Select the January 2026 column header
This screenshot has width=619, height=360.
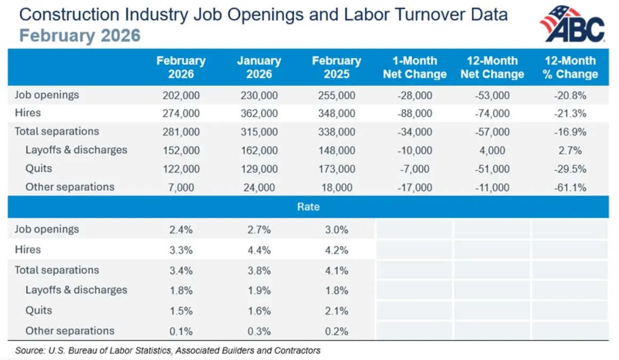click(x=259, y=67)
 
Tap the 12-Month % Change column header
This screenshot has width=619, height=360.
click(x=570, y=67)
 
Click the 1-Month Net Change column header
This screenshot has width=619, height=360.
click(x=414, y=67)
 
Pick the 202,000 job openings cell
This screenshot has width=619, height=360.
click(x=181, y=95)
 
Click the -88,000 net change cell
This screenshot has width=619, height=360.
click(x=414, y=114)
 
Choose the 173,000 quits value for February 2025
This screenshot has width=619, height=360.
click(x=336, y=169)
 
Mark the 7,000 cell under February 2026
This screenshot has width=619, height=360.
click(x=181, y=187)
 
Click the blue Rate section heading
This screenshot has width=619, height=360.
click(x=308, y=207)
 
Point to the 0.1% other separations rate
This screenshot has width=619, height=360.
click(x=181, y=331)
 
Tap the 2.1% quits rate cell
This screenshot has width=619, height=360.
click(x=336, y=311)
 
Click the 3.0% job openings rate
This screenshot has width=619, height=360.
click(x=336, y=230)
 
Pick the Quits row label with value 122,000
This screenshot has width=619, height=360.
click(x=39, y=169)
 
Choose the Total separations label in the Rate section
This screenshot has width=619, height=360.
click(x=57, y=270)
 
